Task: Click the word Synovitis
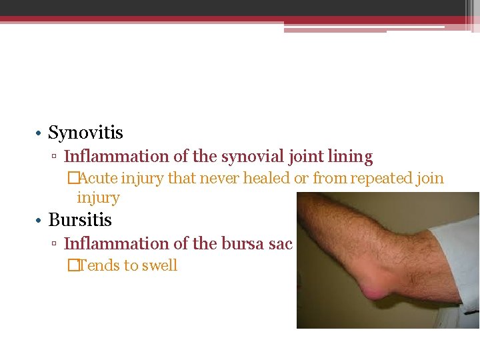click(x=85, y=133)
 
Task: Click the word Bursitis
click(x=80, y=220)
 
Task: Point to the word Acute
click(x=97, y=179)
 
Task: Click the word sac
click(x=279, y=244)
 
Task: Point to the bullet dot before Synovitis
click(x=41, y=134)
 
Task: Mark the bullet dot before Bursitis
click(x=41, y=221)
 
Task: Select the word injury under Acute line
click(x=98, y=198)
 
